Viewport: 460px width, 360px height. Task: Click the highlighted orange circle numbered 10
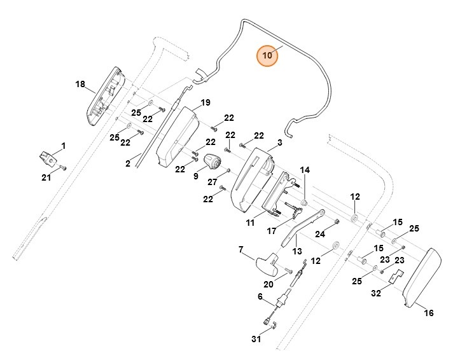point(268,55)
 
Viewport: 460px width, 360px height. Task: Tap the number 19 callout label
point(205,102)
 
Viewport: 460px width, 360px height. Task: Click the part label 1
point(64,146)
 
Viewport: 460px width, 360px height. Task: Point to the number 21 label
point(46,177)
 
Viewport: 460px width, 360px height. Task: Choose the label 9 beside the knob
point(196,176)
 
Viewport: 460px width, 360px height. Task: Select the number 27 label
point(213,181)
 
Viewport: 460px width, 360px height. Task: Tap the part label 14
point(305,170)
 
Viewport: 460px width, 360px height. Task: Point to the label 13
point(296,251)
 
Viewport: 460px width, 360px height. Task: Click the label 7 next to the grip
point(241,250)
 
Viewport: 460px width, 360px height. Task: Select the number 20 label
point(268,284)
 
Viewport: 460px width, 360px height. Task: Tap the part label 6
point(260,296)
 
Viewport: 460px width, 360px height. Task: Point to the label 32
point(376,293)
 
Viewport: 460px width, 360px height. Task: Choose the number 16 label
point(429,312)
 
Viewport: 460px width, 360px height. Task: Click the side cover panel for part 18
point(106,95)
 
